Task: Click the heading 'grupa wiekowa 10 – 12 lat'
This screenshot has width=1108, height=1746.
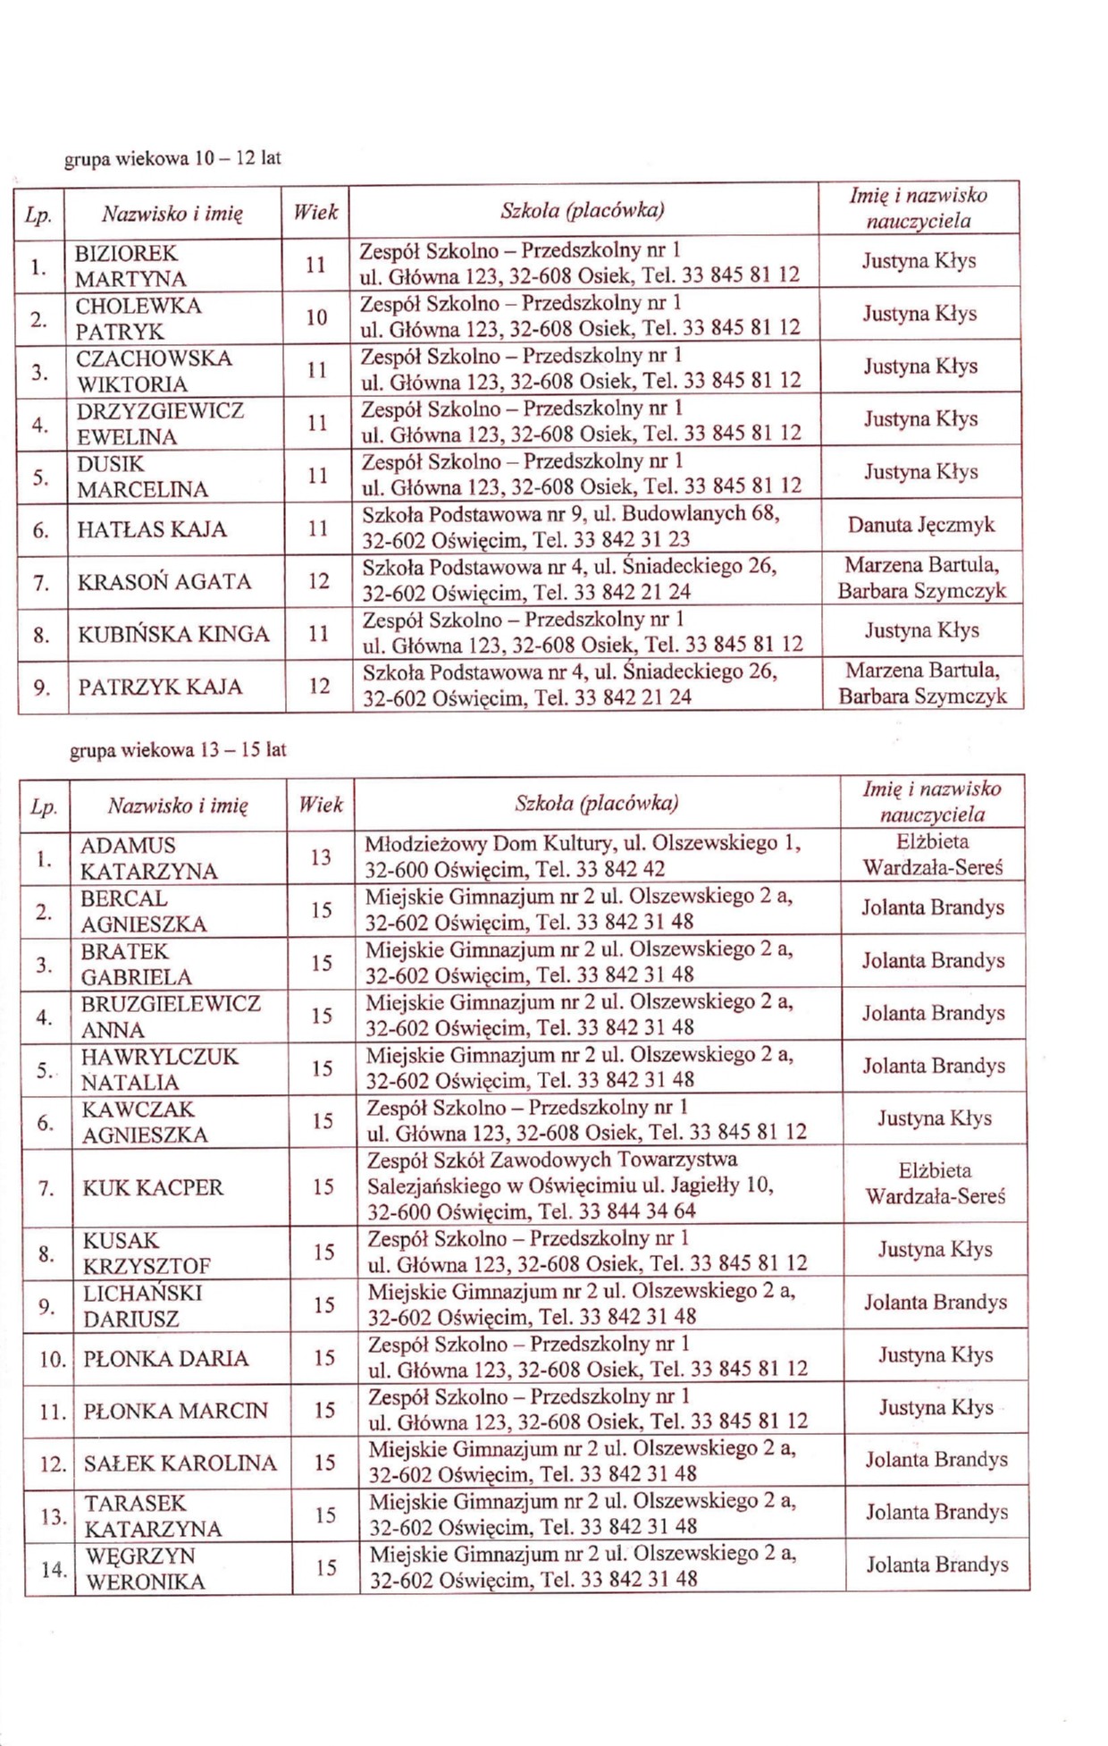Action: tap(172, 159)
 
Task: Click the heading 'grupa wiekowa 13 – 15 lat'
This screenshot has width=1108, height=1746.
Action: tap(178, 750)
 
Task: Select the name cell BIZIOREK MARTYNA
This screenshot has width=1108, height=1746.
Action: tap(130, 266)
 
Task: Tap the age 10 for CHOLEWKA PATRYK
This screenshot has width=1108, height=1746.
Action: tap(316, 317)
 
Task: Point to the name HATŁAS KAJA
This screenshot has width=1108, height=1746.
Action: tap(152, 529)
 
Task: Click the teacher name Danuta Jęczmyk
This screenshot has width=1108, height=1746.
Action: tap(920, 525)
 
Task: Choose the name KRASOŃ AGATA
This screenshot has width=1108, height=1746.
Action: tap(164, 582)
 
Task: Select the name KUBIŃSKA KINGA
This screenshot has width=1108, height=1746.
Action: tap(173, 635)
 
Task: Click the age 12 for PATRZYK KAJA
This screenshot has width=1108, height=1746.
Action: tap(319, 687)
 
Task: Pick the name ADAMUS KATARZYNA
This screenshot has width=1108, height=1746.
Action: tap(148, 858)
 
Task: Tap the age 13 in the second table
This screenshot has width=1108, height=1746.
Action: tap(321, 857)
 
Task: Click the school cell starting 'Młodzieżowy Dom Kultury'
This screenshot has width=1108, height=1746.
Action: tap(583, 856)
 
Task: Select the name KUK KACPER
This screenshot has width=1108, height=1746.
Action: tap(153, 1188)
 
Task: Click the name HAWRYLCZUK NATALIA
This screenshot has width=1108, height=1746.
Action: tap(160, 1069)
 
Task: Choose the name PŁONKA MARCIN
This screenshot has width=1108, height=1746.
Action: tap(175, 1411)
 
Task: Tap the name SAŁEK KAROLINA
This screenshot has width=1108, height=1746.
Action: tap(180, 1463)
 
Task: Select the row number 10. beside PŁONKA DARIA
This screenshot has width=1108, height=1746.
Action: tap(53, 1359)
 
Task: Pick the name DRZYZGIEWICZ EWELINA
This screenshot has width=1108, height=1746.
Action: tap(160, 424)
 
